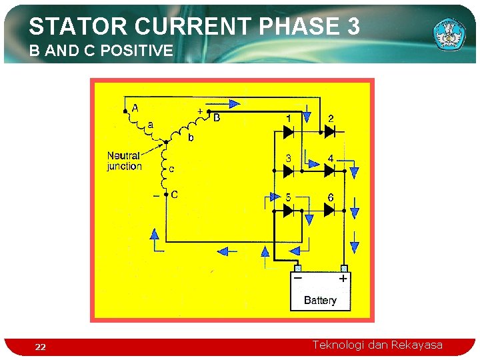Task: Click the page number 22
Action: pyautogui.click(x=41, y=347)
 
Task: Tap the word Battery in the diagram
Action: pyautogui.click(x=320, y=301)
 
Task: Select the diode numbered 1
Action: pyautogui.click(x=289, y=132)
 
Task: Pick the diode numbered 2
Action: pyautogui.click(x=329, y=132)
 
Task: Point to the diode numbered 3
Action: pyautogui.click(x=289, y=171)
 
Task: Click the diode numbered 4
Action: pyautogui.click(x=329, y=171)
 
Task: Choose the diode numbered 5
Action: pyautogui.click(x=289, y=211)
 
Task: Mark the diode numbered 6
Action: pyautogui.click(x=329, y=211)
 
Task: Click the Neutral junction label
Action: pyautogui.click(x=125, y=161)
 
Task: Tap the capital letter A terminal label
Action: pyautogui.click(x=135, y=107)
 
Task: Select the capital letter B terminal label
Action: pyautogui.click(x=216, y=118)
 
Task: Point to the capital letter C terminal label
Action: pyautogui.click(x=174, y=195)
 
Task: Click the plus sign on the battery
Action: pyautogui.click(x=343, y=279)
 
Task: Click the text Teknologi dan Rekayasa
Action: pyautogui.click(x=377, y=345)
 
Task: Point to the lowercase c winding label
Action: pyautogui.click(x=171, y=169)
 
